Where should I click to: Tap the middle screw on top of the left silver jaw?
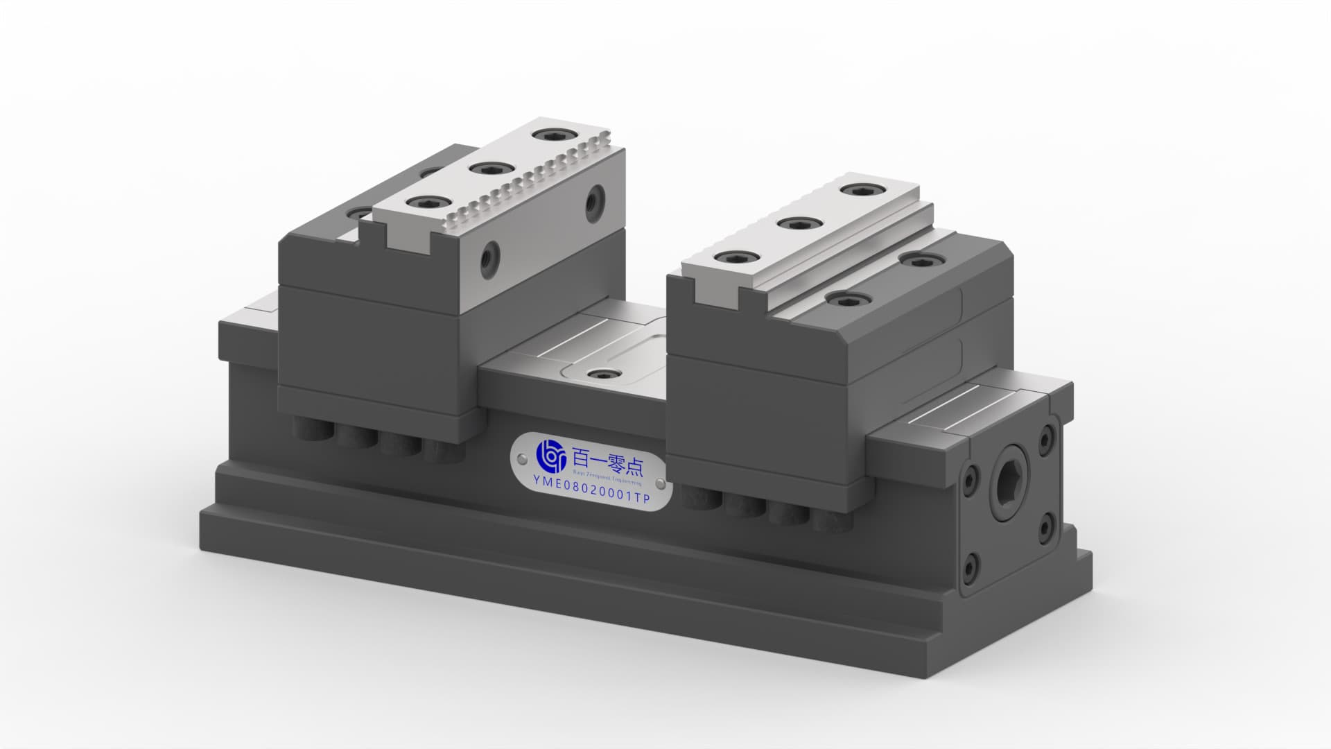[x=490, y=169]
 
